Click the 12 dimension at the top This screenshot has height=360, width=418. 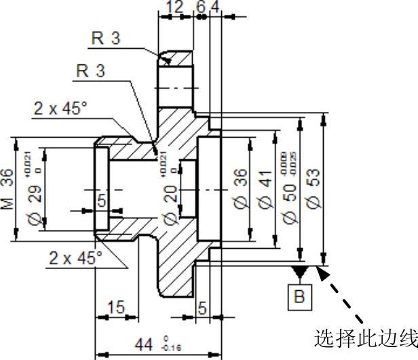(x=175, y=7)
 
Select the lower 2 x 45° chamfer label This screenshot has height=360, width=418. (x=75, y=258)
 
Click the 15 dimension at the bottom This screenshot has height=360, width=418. (x=116, y=308)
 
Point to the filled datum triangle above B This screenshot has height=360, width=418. (x=299, y=272)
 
